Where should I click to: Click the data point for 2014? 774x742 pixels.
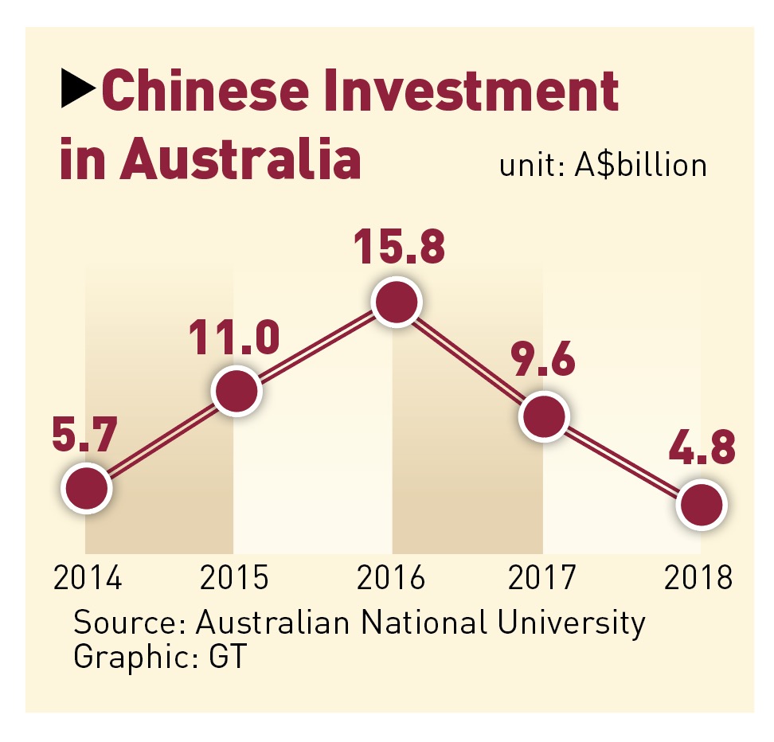(x=87, y=489)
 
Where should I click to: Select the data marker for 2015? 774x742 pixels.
(x=236, y=391)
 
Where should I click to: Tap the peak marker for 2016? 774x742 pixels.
(x=396, y=302)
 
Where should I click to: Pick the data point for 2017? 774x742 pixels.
(x=543, y=416)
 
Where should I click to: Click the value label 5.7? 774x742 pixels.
(x=85, y=437)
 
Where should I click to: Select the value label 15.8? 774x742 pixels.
(x=397, y=248)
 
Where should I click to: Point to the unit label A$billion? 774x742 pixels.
(x=640, y=166)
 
